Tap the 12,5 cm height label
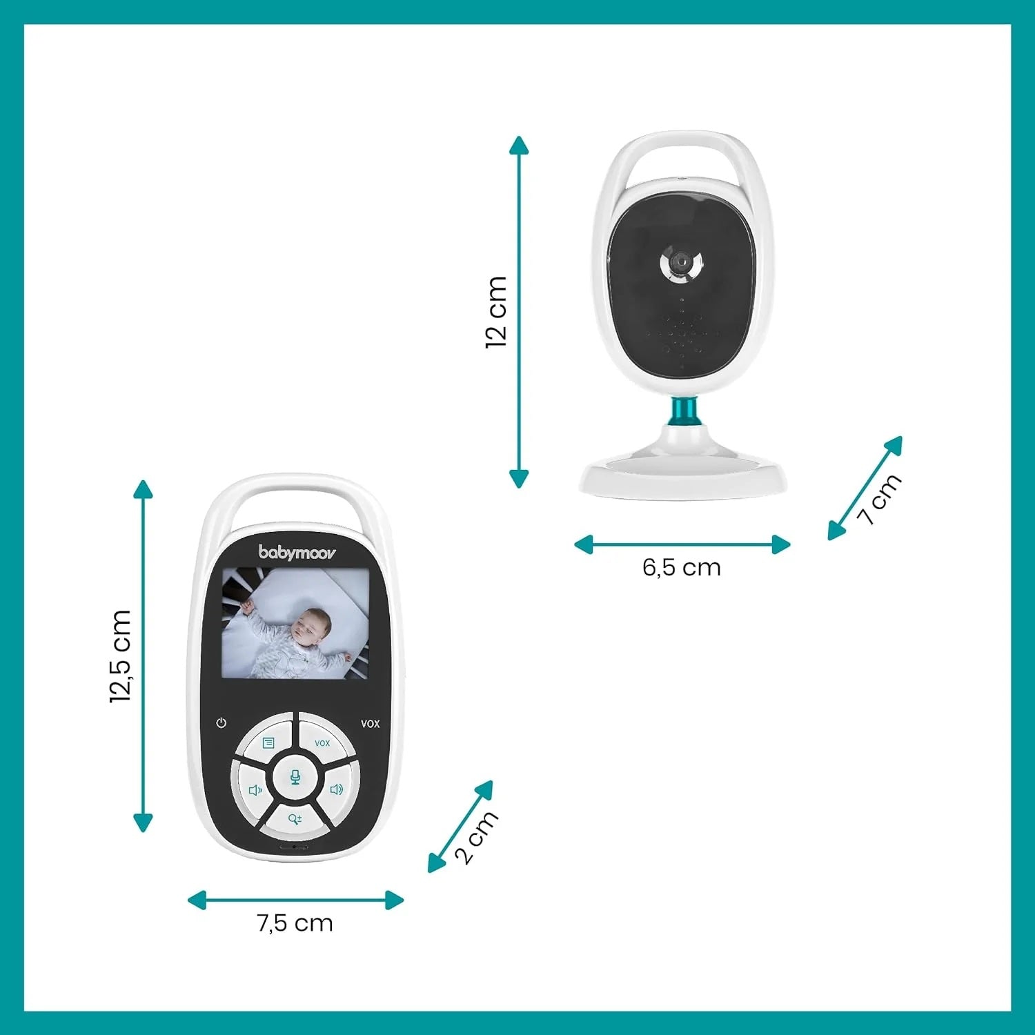[x=120, y=656]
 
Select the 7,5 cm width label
[x=295, y=923]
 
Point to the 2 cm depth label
[x=476, y=837]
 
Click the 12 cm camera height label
[x=496, y=312]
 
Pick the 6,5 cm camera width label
[x=682, y=567]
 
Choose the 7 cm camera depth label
[x=880, y=499]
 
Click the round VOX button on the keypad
[x=323, y=742]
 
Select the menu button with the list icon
[x=268, y=742]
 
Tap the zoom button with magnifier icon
[x=295, y=819]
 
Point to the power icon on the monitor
[x=221, y=723]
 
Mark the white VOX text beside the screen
[x=370, y=724]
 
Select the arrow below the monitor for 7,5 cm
[x=295, y=900]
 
